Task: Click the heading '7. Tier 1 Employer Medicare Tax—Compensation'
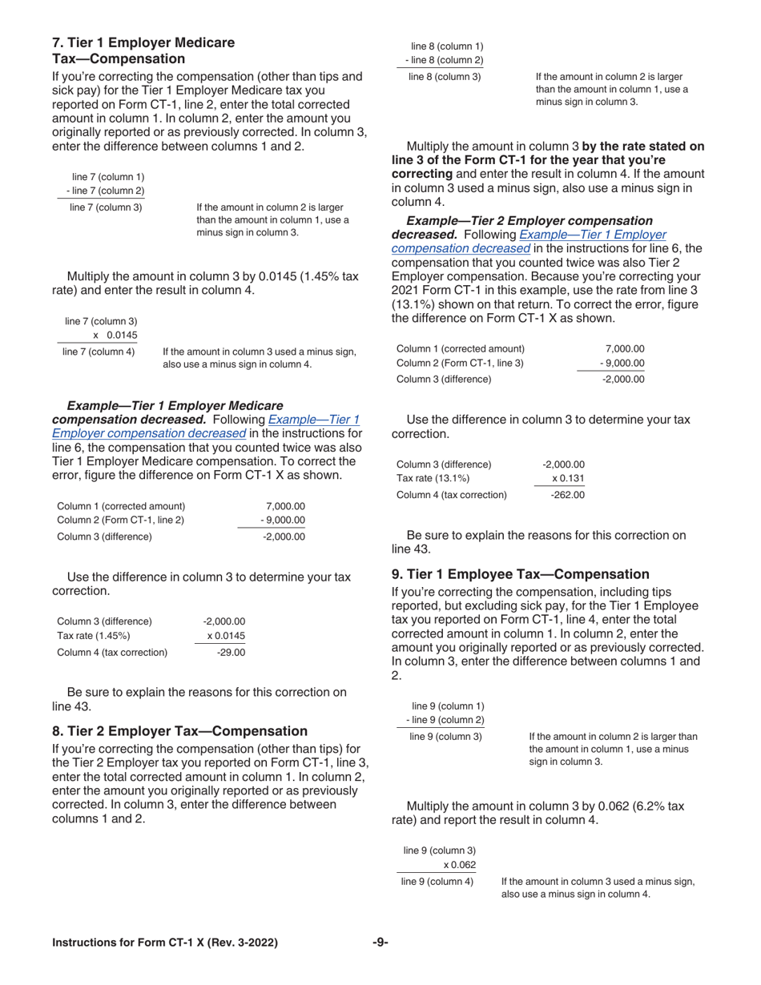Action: coord(143,50)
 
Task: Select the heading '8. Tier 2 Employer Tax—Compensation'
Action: coord(179,730)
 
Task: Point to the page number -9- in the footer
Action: coord(380,943)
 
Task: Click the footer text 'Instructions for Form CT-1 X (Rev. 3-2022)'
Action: coord(165,943)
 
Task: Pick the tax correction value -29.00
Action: coord(231,652)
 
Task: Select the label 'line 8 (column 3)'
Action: coord(445,77)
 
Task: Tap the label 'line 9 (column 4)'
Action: coord(437,882)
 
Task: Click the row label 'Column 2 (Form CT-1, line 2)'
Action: coord(121,521)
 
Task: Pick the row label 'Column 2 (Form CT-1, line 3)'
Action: coord(461,364)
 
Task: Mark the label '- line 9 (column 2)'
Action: coord(445,720)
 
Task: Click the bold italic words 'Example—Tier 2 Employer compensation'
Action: coord(529,220)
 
